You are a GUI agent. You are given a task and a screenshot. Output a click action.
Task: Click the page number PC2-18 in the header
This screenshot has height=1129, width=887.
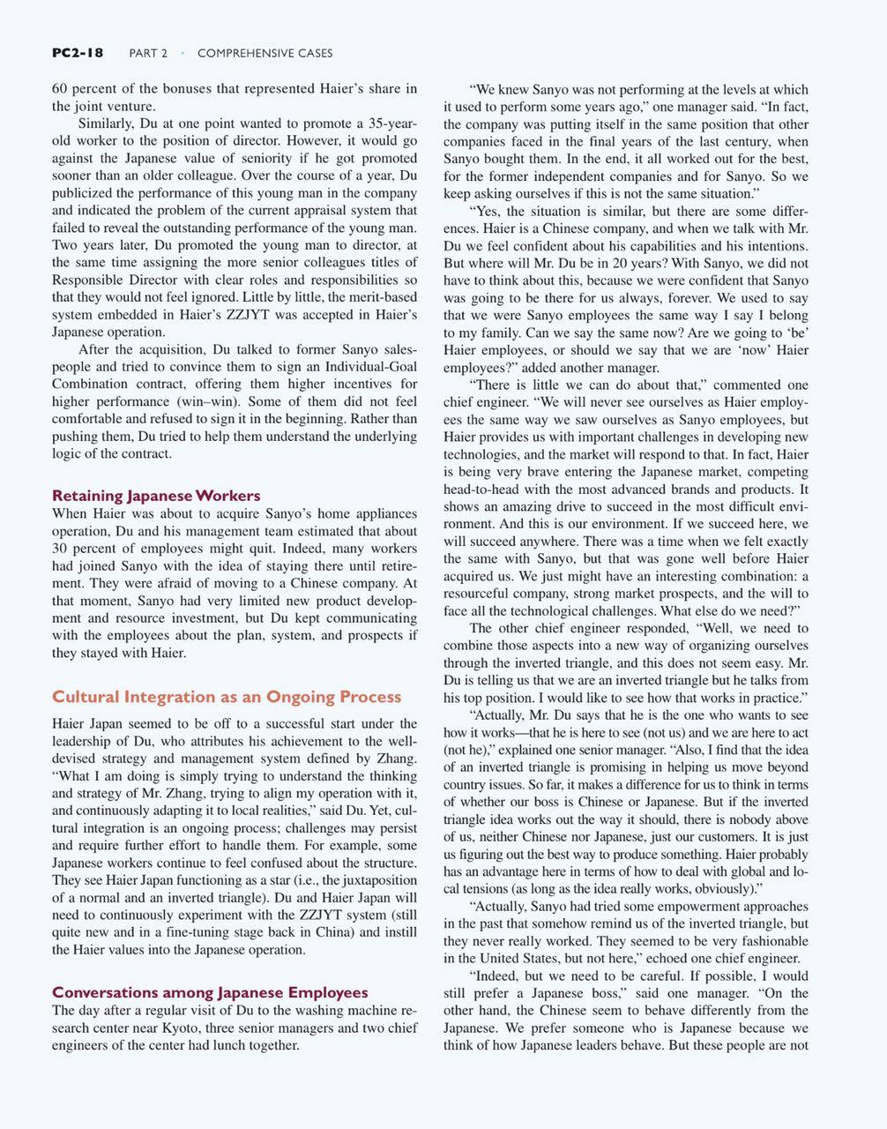tap(78, 53)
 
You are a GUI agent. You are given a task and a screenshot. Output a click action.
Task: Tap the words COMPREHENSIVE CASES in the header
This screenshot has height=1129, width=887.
tap(265, 53)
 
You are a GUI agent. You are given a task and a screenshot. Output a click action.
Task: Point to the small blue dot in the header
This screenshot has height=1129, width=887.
tap(183, 53)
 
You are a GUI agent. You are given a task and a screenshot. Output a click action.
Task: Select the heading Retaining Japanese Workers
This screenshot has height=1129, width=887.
tap(156, 495)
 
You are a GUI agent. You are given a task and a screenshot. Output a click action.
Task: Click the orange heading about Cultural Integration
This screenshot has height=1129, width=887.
tap(227, 697)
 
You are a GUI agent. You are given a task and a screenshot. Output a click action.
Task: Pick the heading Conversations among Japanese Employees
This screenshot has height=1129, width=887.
tap(210, 992)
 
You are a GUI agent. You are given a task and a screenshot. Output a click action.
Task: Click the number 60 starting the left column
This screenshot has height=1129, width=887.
tap(60, 88)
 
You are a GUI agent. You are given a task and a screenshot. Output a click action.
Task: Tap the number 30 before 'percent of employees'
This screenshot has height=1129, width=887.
tap(60, 549)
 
